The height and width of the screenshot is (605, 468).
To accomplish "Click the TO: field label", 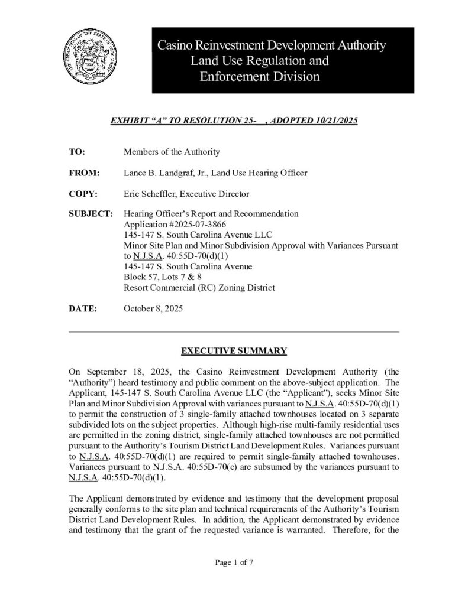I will pyautogui.click(x=78, y=152).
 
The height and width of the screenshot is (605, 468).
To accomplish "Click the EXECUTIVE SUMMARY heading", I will pyautogui.click(x=234, y=351).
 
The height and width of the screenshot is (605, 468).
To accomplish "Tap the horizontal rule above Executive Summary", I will pyautogui.click(x=234, y=333).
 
